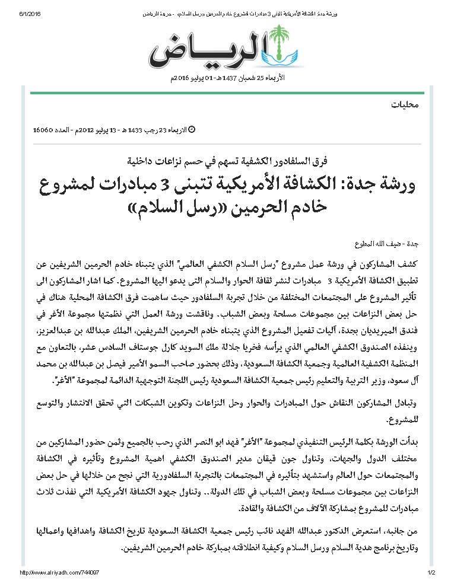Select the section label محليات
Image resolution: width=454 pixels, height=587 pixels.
[x=405, y=105]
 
